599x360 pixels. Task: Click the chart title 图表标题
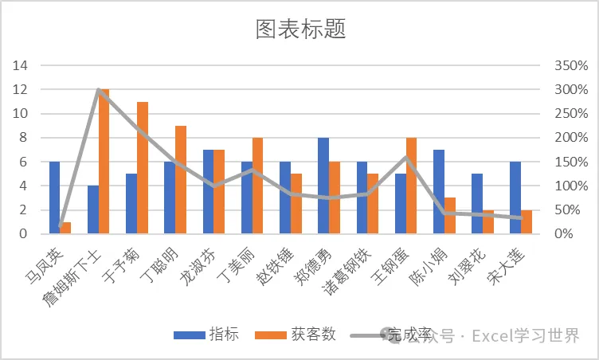[300, 29]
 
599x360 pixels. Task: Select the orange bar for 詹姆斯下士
[104, 161]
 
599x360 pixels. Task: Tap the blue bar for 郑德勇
[323, 186]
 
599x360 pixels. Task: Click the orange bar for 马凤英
[65, 228]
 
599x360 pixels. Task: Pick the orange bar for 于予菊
[143, 168]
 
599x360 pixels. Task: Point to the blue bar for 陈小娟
[439, 191]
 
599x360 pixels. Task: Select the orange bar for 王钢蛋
[412, 186]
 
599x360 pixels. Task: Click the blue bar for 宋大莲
[515, 198]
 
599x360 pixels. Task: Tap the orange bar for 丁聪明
[181, 180]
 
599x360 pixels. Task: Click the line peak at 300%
[99, 90]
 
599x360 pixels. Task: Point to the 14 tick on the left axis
[20, 65]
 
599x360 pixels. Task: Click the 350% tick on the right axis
[571, 65]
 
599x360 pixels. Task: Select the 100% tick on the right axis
[571, 186]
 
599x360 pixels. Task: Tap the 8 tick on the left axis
[24, 138]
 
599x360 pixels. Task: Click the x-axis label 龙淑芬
[198, 267]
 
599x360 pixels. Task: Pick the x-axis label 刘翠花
[467, 267]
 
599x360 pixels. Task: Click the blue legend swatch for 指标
[190, 335]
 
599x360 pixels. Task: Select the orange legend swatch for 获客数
[271, 335]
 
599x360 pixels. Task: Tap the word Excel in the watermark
[491, 336]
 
